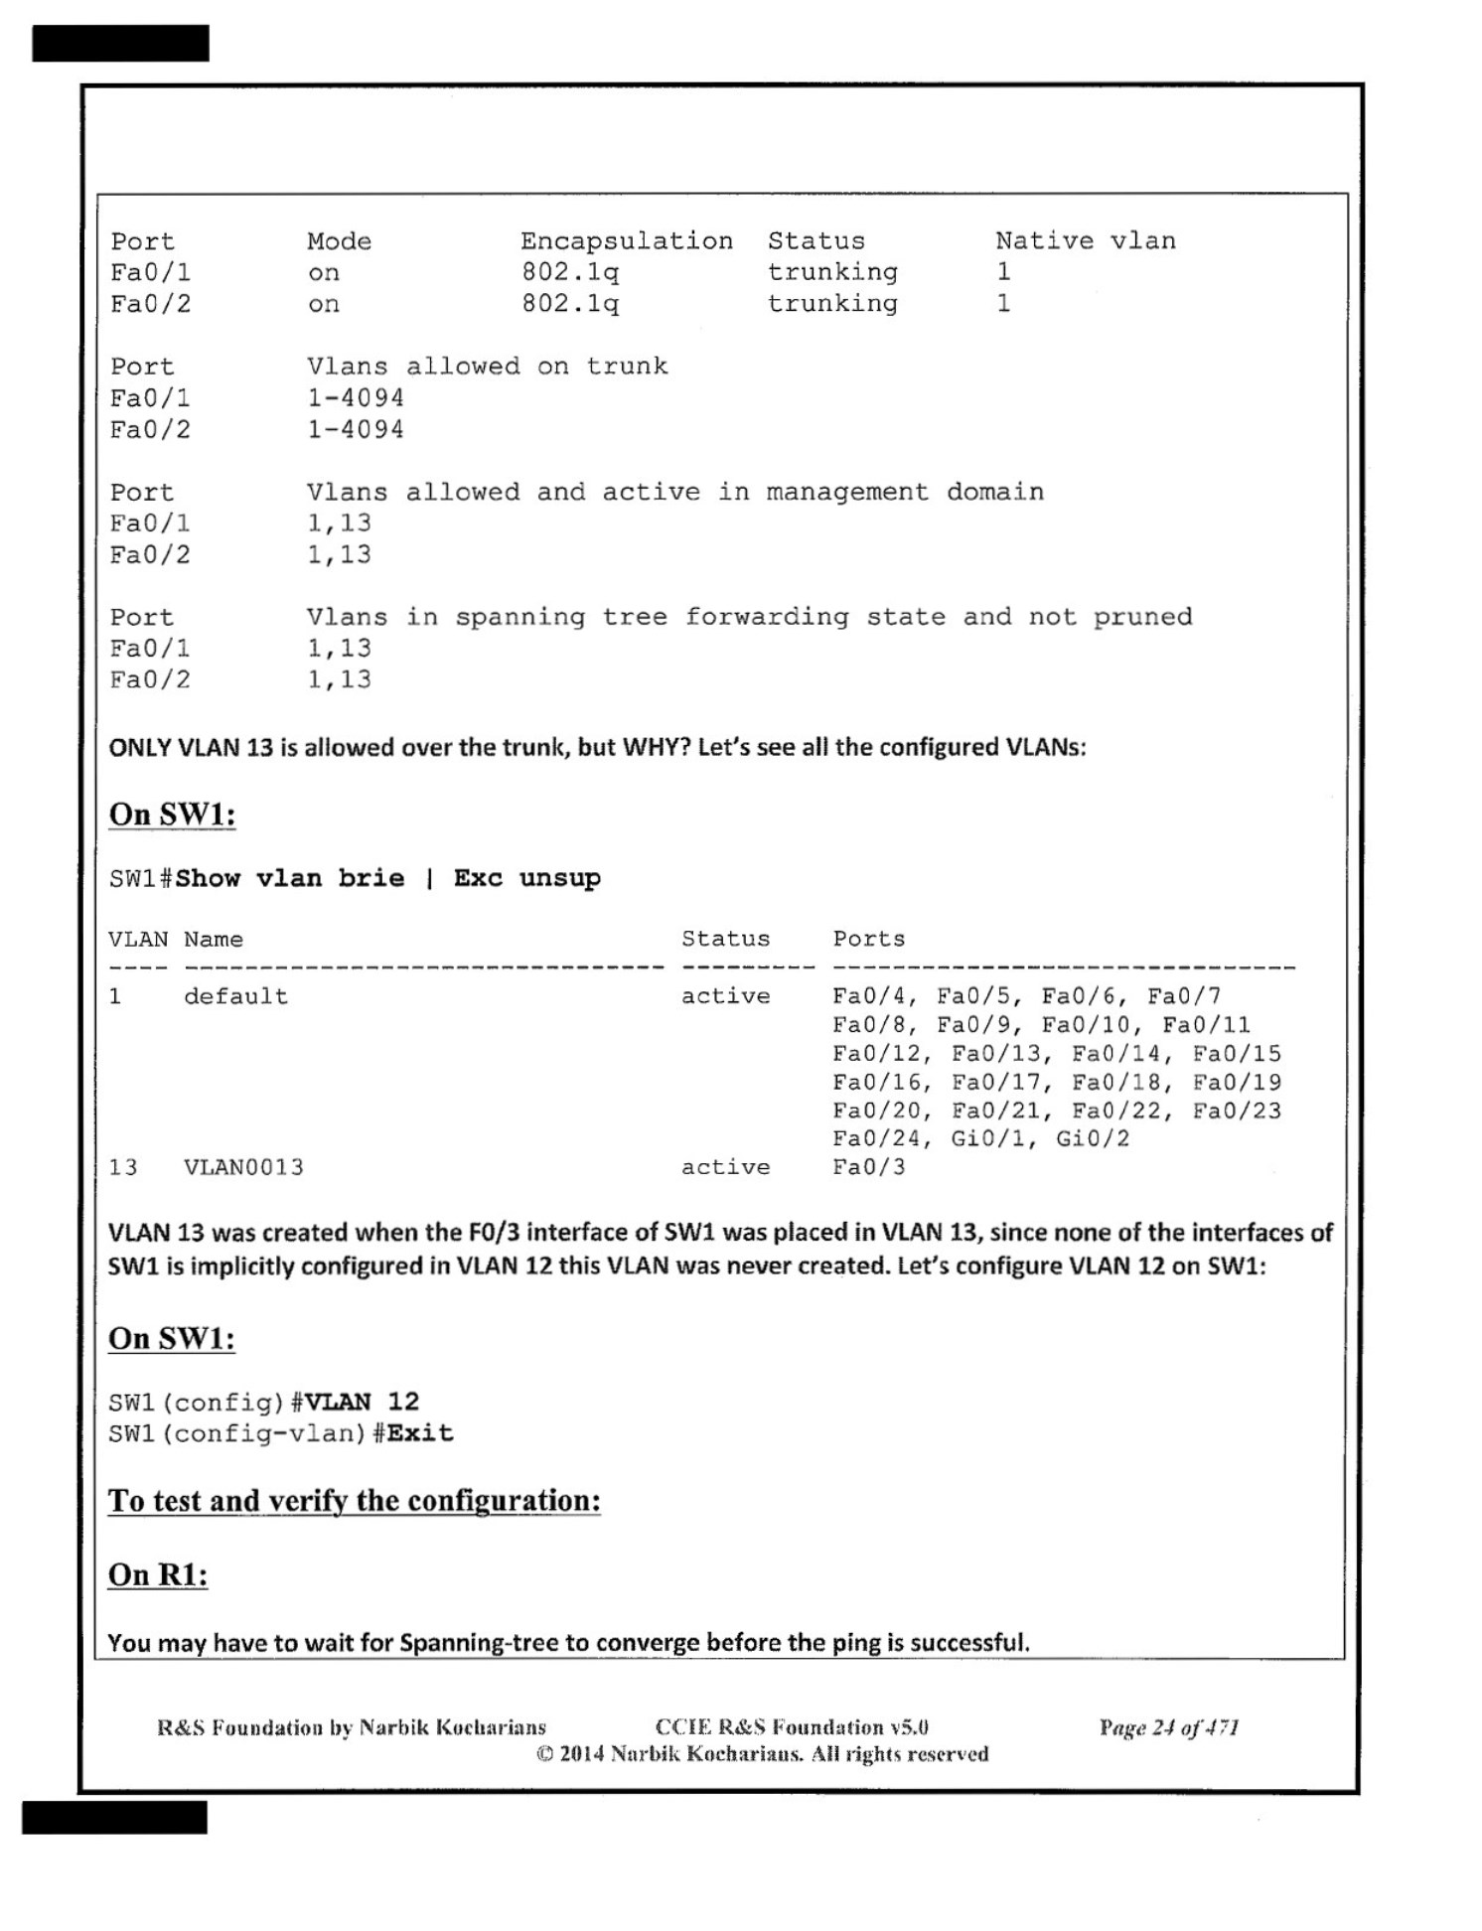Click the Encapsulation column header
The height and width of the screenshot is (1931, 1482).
coord(626,241)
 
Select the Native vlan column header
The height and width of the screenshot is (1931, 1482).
coord(1085,241)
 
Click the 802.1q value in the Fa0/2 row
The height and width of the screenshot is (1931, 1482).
coord(570,304)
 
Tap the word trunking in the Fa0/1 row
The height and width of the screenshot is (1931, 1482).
coord(832,272)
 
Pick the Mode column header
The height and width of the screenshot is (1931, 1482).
coord(339,241)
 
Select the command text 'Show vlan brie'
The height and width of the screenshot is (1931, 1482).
coord(289,878)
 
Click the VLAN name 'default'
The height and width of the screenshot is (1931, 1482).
coord(235,996)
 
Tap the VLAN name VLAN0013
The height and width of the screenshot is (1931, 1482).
coord(243,1167)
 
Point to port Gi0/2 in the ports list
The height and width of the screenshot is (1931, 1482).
coord(1093,1138)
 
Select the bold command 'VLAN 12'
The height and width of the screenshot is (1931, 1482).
coord(362,1402)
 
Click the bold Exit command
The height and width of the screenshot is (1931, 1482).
coord(420,1433)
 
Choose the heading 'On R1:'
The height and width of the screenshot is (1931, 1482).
coord(157,1574)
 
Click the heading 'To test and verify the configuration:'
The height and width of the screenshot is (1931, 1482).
coord(354,1500)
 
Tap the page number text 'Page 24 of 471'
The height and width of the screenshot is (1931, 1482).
coord(1168,1727)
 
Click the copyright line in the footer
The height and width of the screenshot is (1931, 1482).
coord(762,1754)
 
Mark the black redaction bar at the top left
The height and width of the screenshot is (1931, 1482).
coord(120,44)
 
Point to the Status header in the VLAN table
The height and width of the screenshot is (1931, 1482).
coord(725,940)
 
